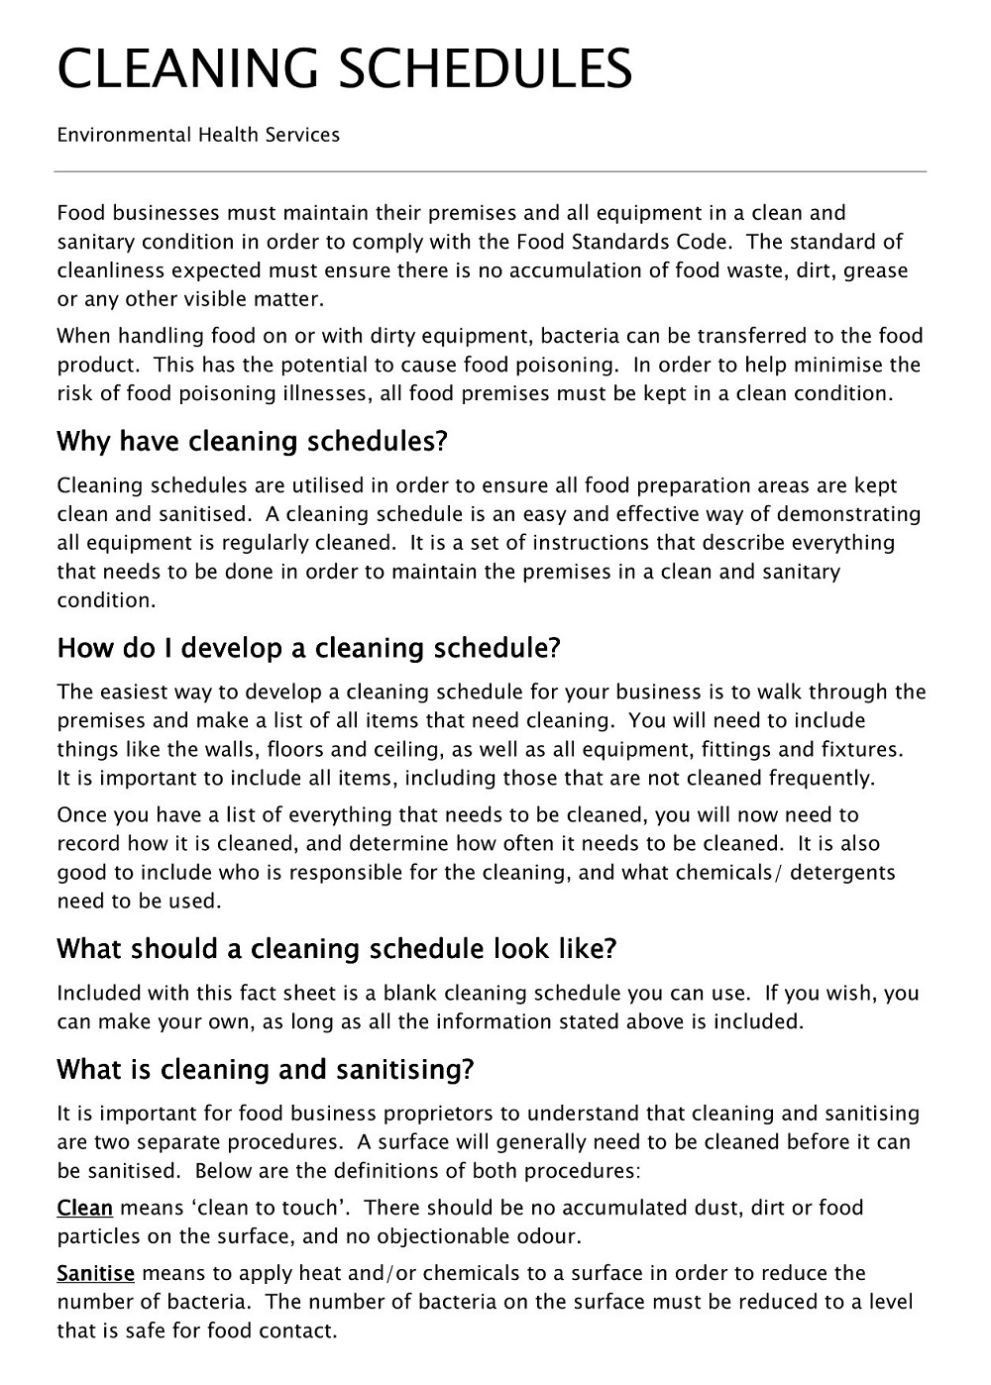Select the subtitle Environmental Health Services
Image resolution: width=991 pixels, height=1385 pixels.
[198, 135]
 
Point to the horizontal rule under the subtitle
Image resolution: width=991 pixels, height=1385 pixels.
[491, 172]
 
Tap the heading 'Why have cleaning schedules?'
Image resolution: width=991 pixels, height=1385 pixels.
[253, 441]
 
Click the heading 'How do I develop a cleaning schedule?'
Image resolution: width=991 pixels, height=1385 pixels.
[309, 648]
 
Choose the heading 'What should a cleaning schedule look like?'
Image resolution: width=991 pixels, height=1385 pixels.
[337, 949]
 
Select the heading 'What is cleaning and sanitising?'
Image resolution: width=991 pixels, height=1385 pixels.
[266, 1070]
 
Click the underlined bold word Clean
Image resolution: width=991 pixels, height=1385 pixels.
[84, 1208]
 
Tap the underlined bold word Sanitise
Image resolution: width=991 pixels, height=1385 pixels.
[95, 1273]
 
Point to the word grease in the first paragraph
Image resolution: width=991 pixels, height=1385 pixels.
[875, 270]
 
